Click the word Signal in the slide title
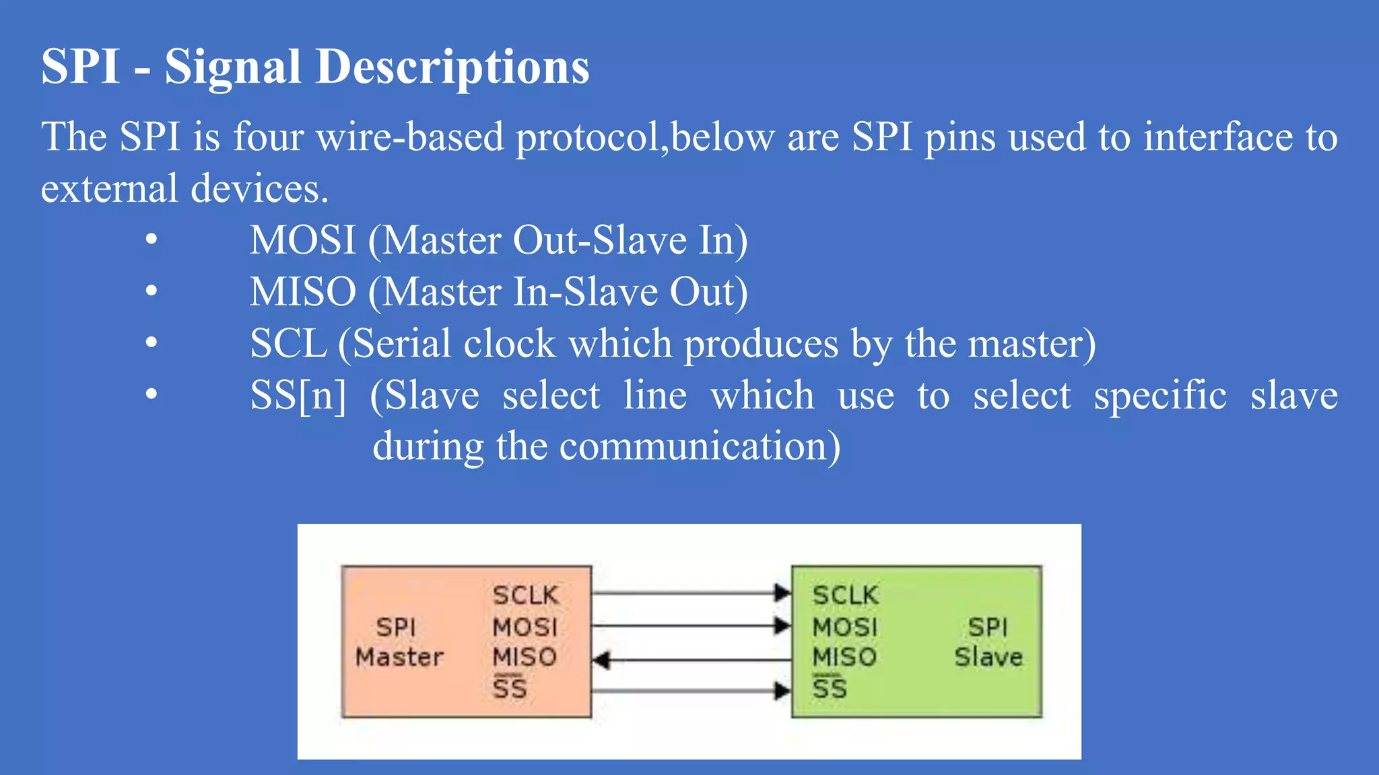pyautogui.click(x=232, y=67)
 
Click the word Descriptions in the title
pyautogui.click(x=452, y=67)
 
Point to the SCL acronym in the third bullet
pyautogui.click(x=288, y=343)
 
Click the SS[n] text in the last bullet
pyautogui.click(x=298, y=395)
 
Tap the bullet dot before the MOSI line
pyautogui.click(x=152, y=239)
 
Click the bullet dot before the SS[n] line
pyautogui.click(x=152, y=394)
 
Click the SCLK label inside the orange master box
pyautogui.click(x=525, y=595)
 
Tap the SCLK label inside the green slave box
pyautogui.click(x=845, y=595)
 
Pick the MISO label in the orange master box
pyautogui.click(x=525, y=657)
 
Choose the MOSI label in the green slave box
pyautogui.click(x=845, y=627)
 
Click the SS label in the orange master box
pyautogui.click(x=510, y=688)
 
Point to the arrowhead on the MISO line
pyautogui.click(x=602, y=660)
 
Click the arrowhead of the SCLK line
pyautogui.click(x=782, y=593)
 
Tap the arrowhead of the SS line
pyautogui.click(x=782, y=691)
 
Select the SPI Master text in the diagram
pyautogui.click(x=399, y=642)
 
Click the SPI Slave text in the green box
pyautogui.click(x=988, y=642)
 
